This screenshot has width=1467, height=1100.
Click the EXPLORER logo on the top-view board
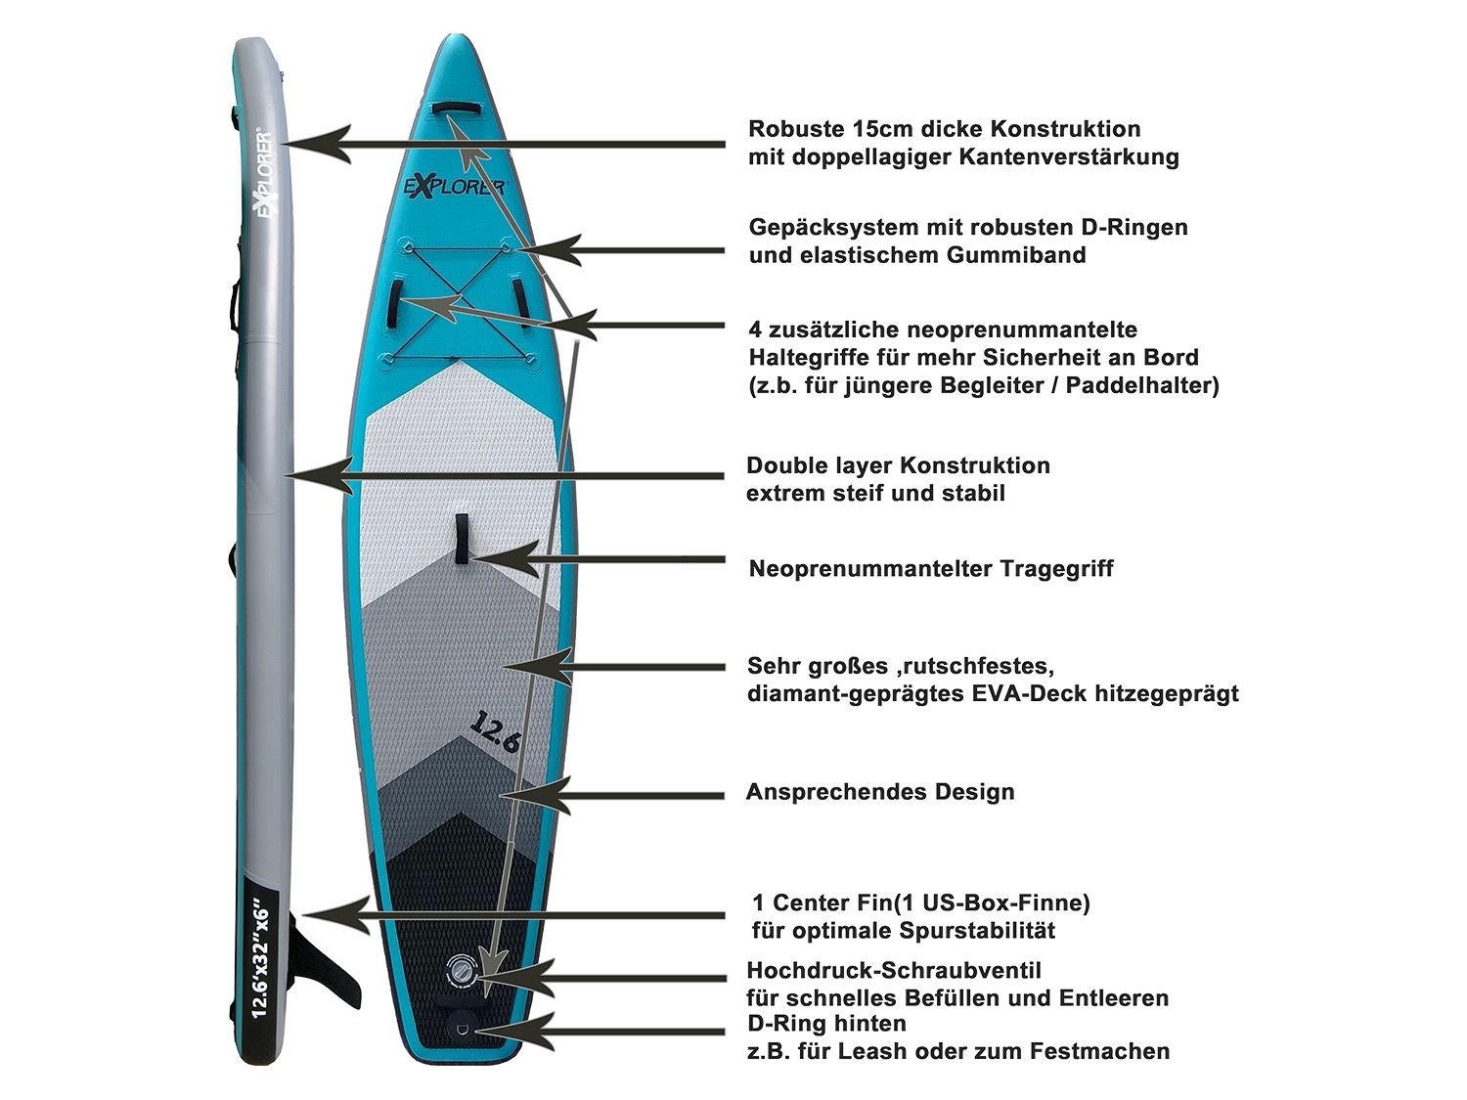pos(455,186)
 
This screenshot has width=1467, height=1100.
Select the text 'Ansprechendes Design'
pos(880,791)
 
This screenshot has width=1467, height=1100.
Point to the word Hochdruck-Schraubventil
pos(893,970)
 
